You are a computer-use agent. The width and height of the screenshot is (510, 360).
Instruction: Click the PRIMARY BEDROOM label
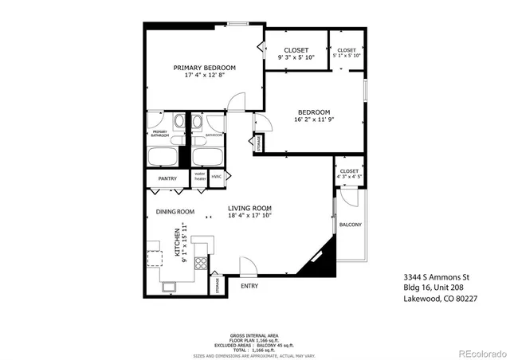[205, 67]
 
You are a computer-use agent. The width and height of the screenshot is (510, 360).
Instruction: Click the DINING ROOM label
[175, 212]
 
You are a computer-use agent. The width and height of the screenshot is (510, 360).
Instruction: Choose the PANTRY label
[167, 179]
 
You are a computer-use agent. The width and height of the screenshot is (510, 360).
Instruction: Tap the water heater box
[200, 176]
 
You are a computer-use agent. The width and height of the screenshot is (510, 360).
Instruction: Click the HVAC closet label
[217, 176]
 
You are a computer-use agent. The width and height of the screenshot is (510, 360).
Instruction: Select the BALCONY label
[350, 225]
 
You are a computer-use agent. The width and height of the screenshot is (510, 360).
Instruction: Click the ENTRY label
[249, 286]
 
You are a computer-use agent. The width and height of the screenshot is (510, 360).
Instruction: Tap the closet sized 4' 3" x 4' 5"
[349, 174]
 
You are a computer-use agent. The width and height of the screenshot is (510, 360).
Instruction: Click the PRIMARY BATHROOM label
[159, 134]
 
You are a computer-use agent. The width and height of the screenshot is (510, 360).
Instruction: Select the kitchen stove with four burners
[200, 265]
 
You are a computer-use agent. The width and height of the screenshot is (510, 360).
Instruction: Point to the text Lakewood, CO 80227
[439, 299]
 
